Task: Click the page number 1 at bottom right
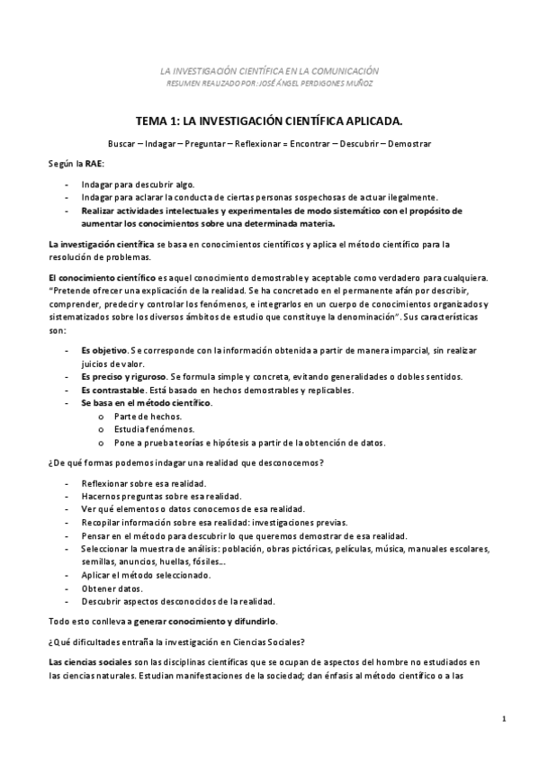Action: point(506,717)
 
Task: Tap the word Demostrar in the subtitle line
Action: point(409,144)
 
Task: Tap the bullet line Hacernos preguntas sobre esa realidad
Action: point(160,496)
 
